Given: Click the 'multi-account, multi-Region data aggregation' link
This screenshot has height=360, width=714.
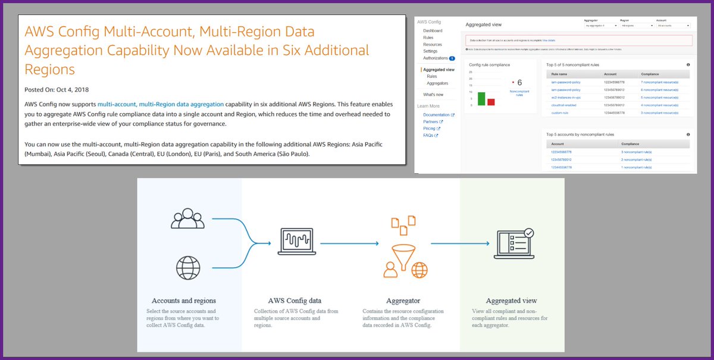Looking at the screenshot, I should point(160,104).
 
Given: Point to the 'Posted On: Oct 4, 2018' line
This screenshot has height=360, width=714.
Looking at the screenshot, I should point(55,90).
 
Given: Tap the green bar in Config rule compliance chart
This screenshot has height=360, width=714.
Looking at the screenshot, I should point(481,98).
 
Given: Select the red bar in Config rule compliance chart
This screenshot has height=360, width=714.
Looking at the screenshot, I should point(491,102).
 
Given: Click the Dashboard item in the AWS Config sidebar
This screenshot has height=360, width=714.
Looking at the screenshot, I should point(433,30).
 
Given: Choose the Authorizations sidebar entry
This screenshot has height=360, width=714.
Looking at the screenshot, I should point(436,58).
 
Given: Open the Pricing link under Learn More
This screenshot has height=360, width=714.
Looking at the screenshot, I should point(429,128).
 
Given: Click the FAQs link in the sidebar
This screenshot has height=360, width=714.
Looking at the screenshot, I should point(428,135).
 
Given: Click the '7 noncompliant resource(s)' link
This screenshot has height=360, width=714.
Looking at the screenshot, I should point(659,82).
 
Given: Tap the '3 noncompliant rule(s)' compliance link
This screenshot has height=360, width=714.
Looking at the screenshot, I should point(636,152).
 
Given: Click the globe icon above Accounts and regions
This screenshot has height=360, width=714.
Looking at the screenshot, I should point(187,268).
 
